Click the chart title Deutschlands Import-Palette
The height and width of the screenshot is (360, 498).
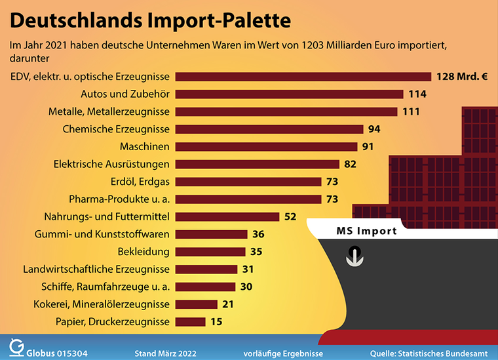pos(150,22)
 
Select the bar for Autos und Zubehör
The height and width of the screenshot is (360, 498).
pos(289,94)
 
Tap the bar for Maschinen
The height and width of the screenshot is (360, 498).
pos(265,146)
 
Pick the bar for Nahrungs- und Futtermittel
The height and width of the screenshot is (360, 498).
pos(227,216)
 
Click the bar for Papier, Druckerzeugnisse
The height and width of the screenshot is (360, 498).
pos(191,321)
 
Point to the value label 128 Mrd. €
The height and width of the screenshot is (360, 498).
pos(461,76)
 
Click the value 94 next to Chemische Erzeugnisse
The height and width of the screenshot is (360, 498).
pos(374,129)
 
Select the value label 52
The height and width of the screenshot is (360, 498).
pos(290,216)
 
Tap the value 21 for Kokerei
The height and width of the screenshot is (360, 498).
pos(229,304)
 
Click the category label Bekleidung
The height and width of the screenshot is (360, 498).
pos(144,252)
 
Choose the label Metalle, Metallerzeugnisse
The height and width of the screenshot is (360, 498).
pos(109,111)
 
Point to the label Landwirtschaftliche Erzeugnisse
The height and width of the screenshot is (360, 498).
pos(96,269)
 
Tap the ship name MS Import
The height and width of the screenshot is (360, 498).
pos(366,231)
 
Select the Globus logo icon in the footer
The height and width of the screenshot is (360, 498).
pos(16,346)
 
